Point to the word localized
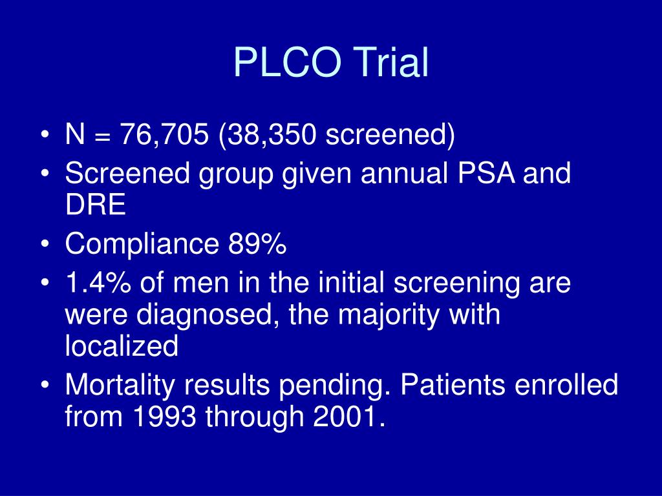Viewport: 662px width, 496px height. [121, 347]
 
